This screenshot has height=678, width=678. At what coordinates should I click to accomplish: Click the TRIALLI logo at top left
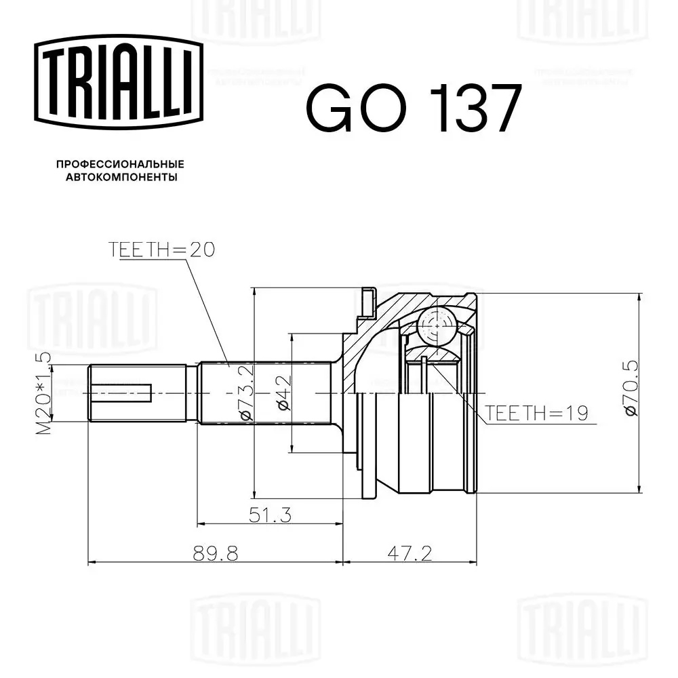tap(119, 82)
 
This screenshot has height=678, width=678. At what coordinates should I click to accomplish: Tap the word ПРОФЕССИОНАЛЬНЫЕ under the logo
tap(120, 164)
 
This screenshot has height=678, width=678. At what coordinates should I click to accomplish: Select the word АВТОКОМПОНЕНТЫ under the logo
tap(121, 177)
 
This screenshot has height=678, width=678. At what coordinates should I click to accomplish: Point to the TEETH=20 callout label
tap(161, 250)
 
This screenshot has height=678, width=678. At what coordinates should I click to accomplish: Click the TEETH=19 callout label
tap(536, 414)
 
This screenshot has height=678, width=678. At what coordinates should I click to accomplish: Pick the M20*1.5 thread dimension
tap(43, 393)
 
